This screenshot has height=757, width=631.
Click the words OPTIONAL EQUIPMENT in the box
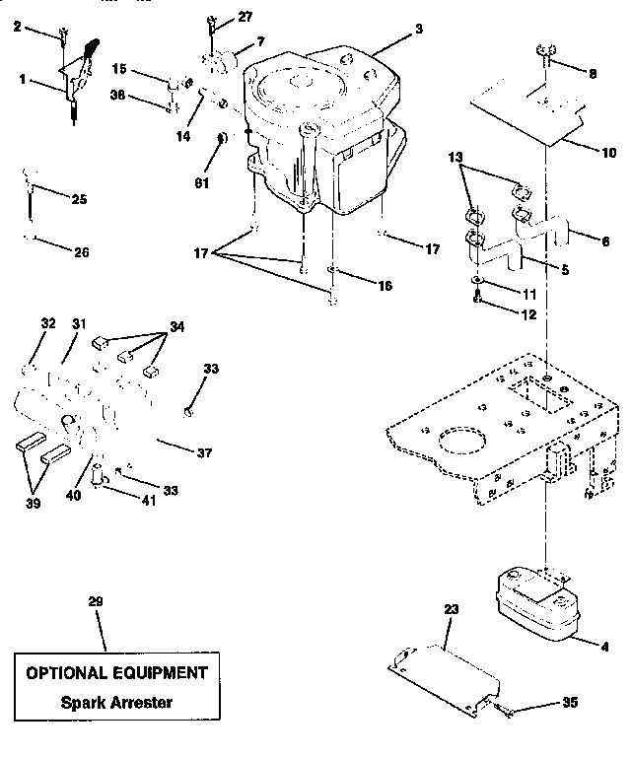click(116, 673)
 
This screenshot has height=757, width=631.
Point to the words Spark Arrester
click(117, 703)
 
